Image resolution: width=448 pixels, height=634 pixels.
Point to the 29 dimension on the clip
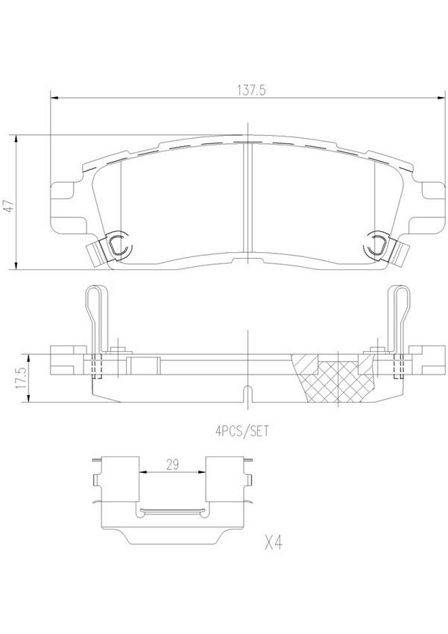click(x=171, y=465)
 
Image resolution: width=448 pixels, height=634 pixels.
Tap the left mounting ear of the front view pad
click(x=63, y=199)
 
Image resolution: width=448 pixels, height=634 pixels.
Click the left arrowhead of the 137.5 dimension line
click(x=53, y=98)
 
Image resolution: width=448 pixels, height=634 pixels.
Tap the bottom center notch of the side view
click(x=247, y=393)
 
